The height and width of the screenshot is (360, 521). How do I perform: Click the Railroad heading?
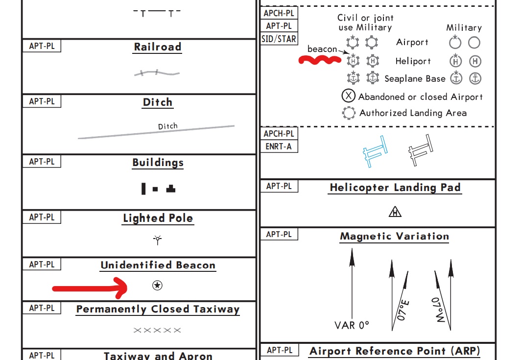(158, 47)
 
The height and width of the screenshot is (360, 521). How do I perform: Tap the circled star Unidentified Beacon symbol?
(157, 286)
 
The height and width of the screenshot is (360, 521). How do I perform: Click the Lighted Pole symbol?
(157, 240)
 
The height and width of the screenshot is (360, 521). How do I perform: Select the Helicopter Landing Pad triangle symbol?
(395, 212)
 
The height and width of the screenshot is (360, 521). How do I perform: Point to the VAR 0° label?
(352, 325)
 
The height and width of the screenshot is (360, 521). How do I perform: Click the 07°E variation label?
(403, 310)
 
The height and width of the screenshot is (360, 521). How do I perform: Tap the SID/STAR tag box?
(279, 39)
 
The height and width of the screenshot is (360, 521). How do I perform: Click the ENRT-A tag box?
(279, 145)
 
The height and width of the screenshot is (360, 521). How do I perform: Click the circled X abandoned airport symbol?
(349, 96)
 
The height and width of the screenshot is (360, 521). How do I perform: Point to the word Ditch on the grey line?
(167, 126)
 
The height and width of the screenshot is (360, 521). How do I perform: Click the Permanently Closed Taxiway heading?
(158, 309)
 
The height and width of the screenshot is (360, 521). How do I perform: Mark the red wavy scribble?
(320, 60)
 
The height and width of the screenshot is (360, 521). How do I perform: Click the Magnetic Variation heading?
(394, 236)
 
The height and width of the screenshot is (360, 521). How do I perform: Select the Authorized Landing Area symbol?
(349, 113)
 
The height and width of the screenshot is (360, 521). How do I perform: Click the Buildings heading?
(158, 163)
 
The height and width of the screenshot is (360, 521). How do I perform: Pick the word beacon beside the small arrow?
(322, 49)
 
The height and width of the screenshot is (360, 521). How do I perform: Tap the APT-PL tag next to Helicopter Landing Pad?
(279, 186)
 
